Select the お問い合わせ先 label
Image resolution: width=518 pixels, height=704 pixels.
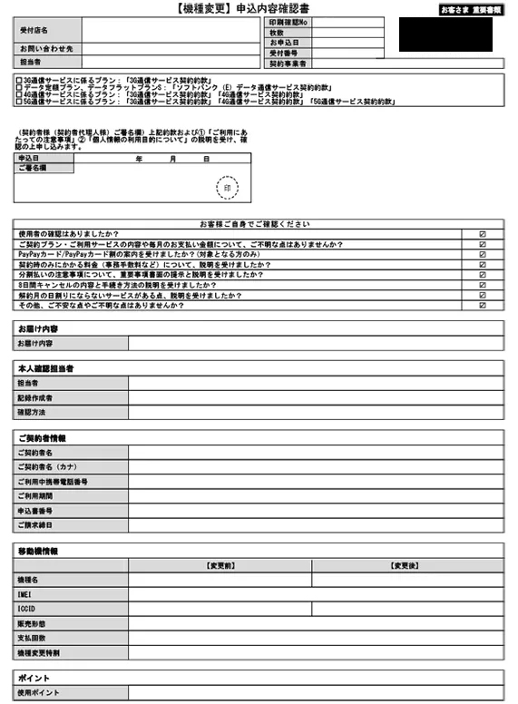click(x=46, y=48)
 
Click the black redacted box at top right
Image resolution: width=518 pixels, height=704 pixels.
click(x=445, y=34)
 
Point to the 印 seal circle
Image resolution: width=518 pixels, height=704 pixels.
click(x=227, y=188)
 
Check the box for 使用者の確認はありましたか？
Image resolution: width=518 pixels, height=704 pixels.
click(x=482, y=234)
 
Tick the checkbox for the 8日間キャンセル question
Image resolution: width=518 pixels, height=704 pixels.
click(x=482, y=285)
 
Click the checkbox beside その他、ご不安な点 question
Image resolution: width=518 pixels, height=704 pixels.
click(x=482, y=306)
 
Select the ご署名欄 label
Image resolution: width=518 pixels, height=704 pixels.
click(x=33, y=169)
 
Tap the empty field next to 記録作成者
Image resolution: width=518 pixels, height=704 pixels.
click(x=316, y=397)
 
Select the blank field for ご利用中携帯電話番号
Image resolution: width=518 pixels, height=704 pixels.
click(x=316, y=481)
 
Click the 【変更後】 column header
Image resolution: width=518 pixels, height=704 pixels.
click(x=407, y=565)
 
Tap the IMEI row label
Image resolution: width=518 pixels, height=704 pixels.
click(x=28, y=593)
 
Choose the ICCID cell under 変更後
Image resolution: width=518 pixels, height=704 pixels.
click(x=407, y=608)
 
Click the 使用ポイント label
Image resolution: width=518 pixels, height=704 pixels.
click(x=39, y=693)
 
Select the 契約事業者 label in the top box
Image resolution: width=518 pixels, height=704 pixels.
click(x=288, y=64)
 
